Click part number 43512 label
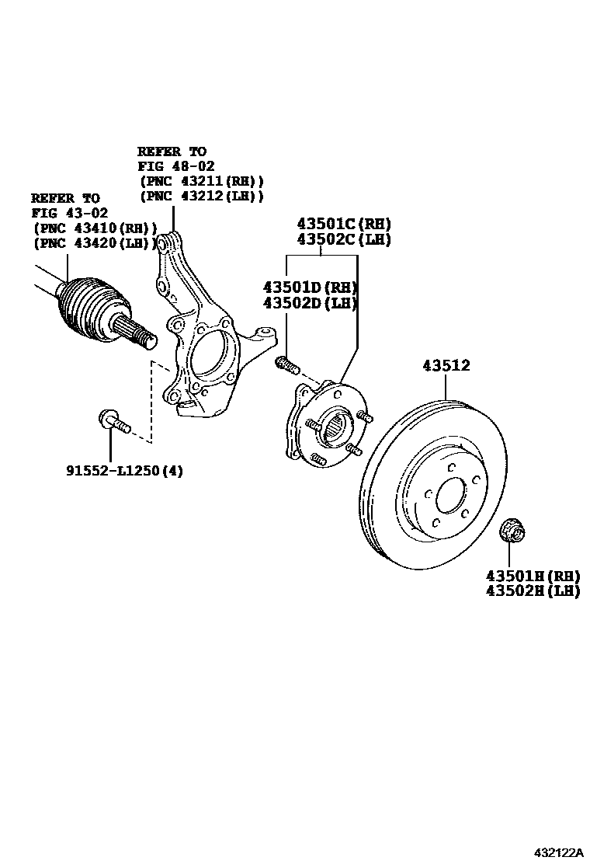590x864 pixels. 446,365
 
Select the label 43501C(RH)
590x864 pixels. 342,224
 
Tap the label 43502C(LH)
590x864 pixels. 342,239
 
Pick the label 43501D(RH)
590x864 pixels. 308,286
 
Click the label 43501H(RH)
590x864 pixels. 533,576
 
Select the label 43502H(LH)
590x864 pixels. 533,591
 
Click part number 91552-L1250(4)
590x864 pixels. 124,470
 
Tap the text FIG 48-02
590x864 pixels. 176,166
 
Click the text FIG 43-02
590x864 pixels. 70,213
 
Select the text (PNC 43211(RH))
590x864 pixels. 201,181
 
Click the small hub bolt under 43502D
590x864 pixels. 287,363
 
